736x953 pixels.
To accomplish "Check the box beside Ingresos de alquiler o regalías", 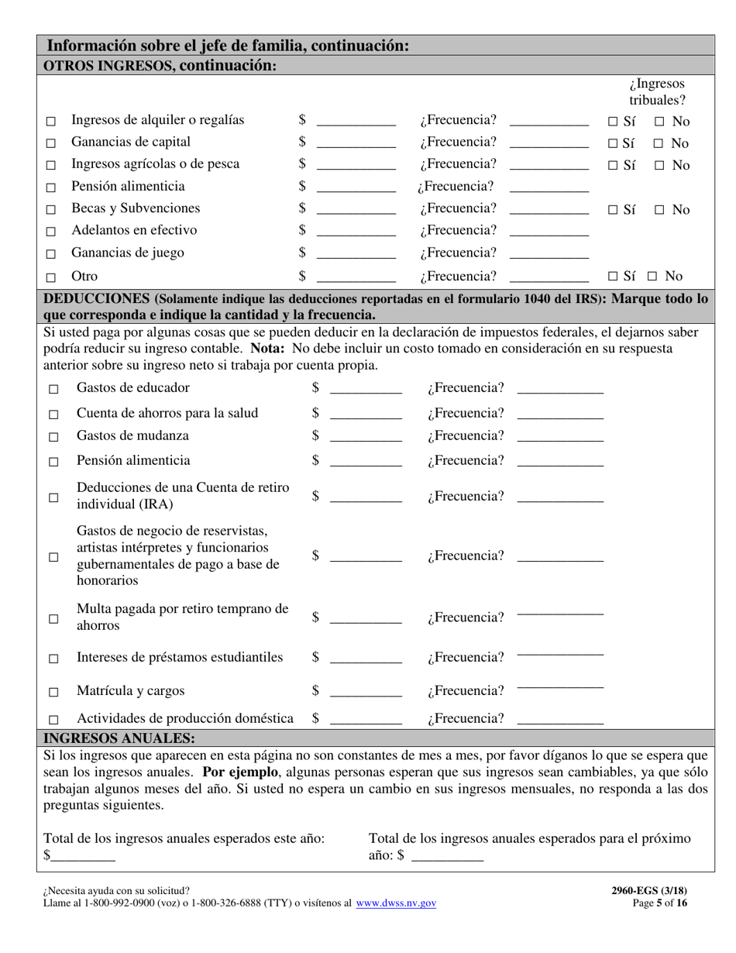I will click(51, 122).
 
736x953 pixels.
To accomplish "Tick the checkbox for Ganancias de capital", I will click(51, 143).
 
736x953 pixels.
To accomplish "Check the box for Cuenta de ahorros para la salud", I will click(53, 415).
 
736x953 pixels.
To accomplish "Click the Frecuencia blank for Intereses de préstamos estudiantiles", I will click(559, 655).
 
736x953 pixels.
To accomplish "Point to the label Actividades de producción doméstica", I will click(184, 718).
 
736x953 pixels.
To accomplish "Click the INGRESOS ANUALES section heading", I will click(119, 738).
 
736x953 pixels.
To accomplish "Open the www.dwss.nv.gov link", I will click(396, 903).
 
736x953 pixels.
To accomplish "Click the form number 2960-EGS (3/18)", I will click(648, 891).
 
